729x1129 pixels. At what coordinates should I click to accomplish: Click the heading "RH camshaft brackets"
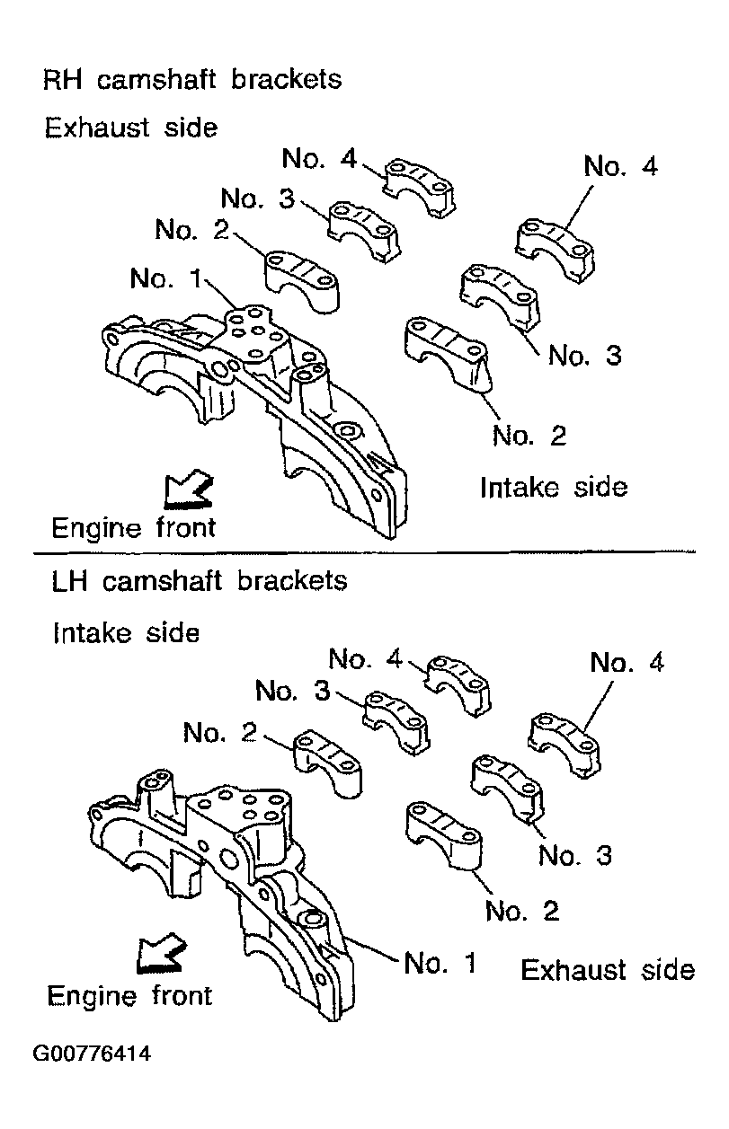tap(192, 80)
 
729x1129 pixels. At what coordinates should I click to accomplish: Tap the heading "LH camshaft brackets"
tap(200, 580)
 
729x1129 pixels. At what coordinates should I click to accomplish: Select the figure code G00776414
tap(92, 1054)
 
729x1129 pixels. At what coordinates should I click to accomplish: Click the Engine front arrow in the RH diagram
tap(188, 488)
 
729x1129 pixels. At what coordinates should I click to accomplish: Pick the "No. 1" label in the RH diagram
tap(166, 278)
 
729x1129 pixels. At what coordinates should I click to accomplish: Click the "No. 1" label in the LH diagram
tap(440, 963)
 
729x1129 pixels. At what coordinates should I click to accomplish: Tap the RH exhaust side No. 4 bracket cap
tap(419, 187)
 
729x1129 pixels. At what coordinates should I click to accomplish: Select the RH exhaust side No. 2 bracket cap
tap(302, 280)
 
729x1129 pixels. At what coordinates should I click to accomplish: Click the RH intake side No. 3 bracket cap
tap(500, 296)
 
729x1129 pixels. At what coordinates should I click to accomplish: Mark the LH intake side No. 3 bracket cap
tap(396, 723)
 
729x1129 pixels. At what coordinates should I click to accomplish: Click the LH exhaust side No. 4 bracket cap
tap(565, 745)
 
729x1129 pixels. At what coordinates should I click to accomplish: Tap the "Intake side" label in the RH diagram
tap(554, 488)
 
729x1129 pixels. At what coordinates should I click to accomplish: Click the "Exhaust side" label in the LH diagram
tap(608, 970)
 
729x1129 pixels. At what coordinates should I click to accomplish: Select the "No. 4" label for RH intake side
tap(620, 165)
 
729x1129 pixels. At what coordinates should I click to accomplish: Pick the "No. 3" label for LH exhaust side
tap(575, 855)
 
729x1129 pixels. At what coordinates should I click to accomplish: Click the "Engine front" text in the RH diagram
tap(134, 528)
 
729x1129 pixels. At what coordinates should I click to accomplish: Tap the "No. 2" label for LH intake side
tap(220, 732)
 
